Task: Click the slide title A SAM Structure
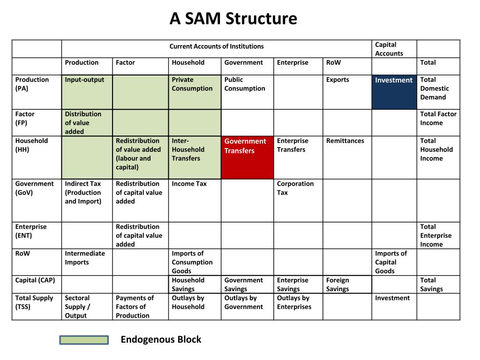coord(233,19)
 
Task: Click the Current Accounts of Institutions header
coord(217,46)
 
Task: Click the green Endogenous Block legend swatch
coord(84,340)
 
